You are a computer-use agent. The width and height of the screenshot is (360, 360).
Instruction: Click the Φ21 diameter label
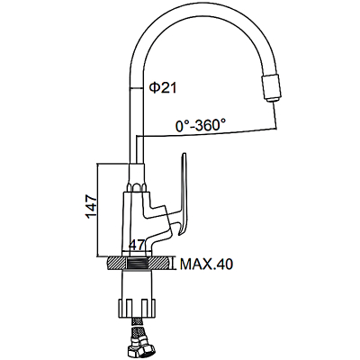click(x=163, y=88)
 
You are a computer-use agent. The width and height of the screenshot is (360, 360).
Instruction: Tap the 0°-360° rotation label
click(x=201, y=125)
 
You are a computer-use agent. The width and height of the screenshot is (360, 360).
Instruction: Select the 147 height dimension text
click(x=91, y=207)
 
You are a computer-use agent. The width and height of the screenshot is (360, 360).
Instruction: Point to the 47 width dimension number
click(x=137, y=245)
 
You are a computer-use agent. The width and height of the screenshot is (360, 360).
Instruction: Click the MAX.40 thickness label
click(x=206, y=264)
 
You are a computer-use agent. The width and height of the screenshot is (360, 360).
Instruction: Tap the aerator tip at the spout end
click(x=272, y=88)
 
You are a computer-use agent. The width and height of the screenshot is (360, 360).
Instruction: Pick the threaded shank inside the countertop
click(x=137, y=263)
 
